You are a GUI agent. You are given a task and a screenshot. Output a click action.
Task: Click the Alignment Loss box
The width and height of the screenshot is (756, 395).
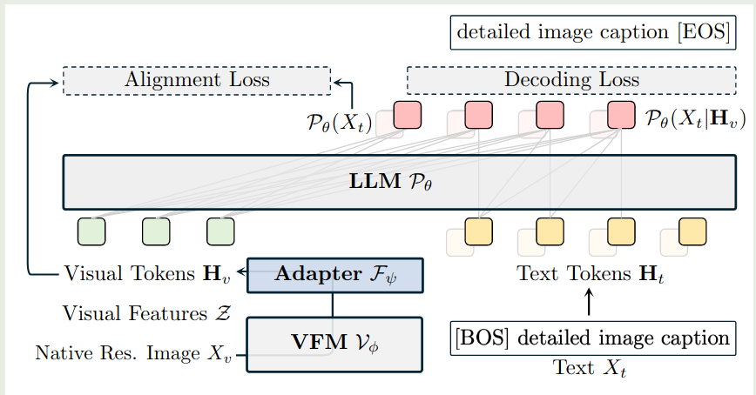pyautogui.click(x=197, y=80)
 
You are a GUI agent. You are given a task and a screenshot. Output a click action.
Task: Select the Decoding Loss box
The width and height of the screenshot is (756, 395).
pyautogui.click(x=571, y=80)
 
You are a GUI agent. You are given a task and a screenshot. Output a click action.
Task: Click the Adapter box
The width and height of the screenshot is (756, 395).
pyautogui.click(x=335, y=274)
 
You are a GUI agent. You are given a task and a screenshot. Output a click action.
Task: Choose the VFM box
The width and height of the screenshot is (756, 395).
pyautogui.click(x=335, y=344)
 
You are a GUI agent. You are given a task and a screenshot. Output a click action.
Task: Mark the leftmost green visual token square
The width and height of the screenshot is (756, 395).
pyautogui.click(x=91, y=231)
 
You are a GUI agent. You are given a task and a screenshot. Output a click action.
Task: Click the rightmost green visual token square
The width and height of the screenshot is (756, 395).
pyautogui.click(x=220, y=231)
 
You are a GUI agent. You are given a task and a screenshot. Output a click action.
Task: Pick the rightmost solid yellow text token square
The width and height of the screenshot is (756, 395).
pyautogui.click(x=692, y=231)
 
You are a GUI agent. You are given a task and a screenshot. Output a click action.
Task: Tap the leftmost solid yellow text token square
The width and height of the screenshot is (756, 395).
pyautogui.click(x=478, y=231)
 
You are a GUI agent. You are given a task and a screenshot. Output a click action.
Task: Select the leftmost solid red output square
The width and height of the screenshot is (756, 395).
pyautogui.click(x=408, y=115)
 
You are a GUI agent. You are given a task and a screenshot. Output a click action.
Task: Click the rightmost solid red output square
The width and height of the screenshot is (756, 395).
pyautogui.click(x=621, y=115)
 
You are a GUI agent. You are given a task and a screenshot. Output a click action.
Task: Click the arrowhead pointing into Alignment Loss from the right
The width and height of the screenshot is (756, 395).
pyautogui.click(x=336, y=84)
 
